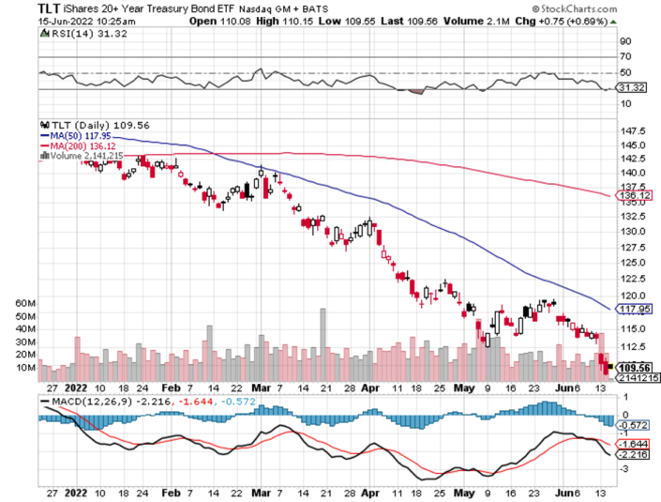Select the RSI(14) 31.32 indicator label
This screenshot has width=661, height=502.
click(x=75, y=34)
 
